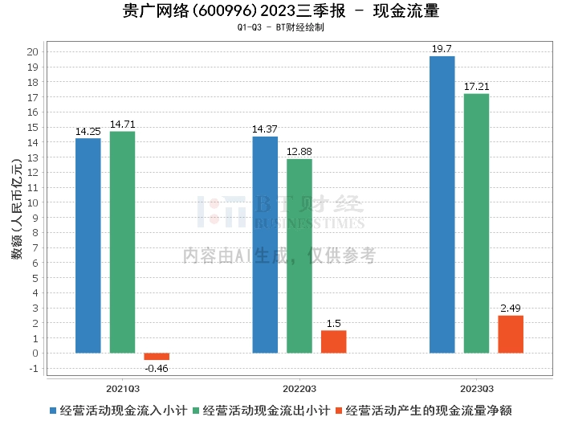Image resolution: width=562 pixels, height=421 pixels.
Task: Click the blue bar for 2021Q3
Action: point(88,246)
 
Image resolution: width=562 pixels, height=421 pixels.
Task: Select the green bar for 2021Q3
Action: point(122,242)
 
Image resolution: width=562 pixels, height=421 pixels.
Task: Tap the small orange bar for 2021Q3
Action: point(157,356)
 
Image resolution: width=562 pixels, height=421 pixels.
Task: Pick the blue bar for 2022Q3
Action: point(265,245)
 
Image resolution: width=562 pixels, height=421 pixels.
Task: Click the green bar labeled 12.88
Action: point(299,256)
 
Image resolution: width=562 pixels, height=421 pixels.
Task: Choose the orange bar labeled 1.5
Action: point(334,341)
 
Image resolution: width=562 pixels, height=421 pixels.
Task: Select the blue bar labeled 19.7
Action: point(442,205)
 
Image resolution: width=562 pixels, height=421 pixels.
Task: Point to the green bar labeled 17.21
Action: point(476,223)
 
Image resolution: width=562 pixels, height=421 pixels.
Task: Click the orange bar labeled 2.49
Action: point(511,334)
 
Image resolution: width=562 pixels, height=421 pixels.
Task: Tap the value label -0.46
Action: point(157,368)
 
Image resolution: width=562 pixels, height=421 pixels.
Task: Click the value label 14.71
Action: point(122,124)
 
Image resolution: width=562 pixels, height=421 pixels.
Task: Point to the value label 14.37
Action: point(265,129)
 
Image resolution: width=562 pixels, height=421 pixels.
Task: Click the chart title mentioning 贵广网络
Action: point(281,11)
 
